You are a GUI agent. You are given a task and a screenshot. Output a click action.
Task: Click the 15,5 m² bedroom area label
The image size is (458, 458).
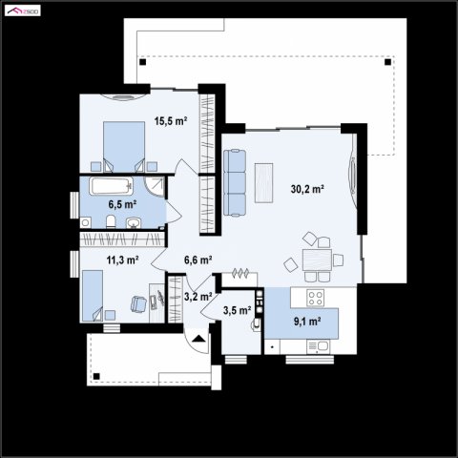pos(171,121)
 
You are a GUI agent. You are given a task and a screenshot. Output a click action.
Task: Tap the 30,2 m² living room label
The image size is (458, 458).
pos(307,189)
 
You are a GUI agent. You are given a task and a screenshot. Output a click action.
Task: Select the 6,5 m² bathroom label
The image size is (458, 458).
pos(122,204)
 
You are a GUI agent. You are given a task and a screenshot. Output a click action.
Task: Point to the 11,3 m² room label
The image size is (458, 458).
pos(122,260)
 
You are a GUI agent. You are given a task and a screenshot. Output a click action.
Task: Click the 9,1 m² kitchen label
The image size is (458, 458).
pos(307,322)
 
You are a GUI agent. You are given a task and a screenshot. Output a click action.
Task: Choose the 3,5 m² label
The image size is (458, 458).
pos(237,310)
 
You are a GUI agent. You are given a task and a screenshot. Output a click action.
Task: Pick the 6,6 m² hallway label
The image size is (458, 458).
pos(198,260)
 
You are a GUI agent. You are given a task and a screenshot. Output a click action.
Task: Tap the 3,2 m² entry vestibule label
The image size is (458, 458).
pos(198,297)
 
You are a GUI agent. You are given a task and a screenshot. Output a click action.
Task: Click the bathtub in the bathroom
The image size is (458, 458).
pos(111,186)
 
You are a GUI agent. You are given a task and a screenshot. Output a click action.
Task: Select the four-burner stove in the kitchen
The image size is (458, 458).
pos(316,298)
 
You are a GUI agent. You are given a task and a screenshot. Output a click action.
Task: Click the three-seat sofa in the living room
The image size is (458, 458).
pos(235,182)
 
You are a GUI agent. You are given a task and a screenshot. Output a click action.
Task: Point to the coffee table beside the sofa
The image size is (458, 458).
pos(263,183)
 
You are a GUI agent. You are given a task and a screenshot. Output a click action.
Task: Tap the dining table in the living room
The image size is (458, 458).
pos(317,260)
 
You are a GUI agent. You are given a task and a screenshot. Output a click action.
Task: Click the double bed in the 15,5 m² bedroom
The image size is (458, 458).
pos(124,147)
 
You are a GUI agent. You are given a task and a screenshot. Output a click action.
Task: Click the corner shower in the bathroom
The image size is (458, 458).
pos(155,187)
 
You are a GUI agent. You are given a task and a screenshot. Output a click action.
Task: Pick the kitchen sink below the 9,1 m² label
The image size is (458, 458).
pos(319,346)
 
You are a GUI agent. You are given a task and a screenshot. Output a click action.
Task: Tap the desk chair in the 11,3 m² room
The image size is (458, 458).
pos(138,304)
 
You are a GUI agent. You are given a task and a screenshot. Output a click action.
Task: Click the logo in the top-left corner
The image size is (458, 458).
pos(23,10)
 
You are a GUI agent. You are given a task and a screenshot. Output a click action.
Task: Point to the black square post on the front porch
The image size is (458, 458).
pos(96,377)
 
